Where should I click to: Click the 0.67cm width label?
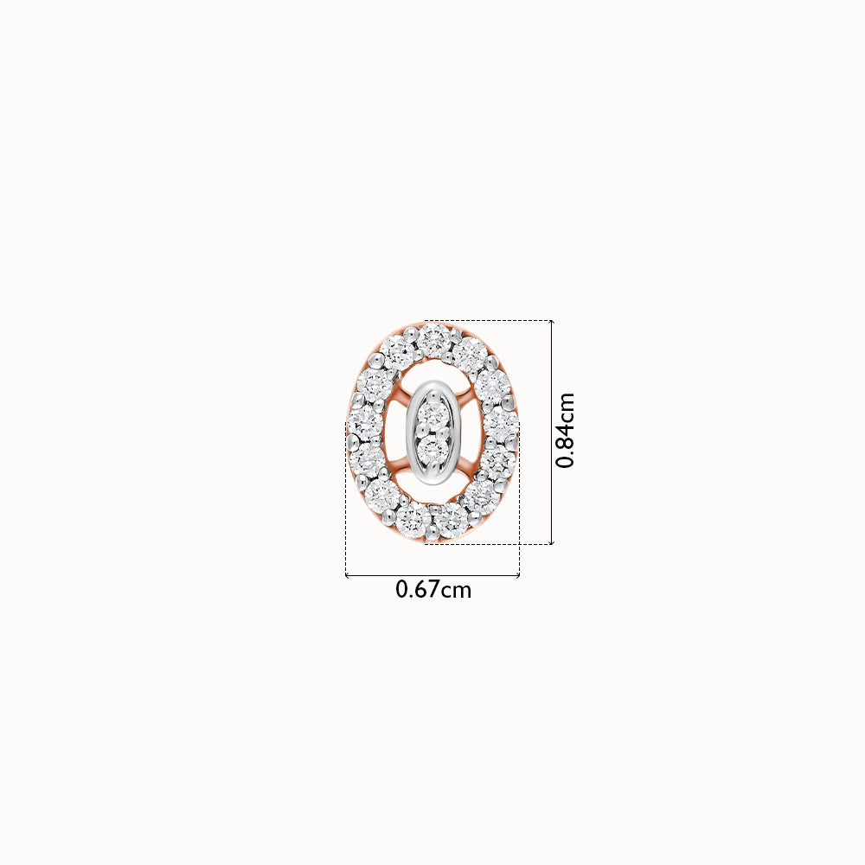pos(433,590)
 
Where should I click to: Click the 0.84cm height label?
pos(565,430)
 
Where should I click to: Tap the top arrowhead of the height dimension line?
pos(552,322)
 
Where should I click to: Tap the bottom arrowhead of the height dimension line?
pos(552,542)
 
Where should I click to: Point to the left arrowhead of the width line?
pos(347,576)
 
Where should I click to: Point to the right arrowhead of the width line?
pos(518,576)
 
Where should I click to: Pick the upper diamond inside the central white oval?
pos(433,413)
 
